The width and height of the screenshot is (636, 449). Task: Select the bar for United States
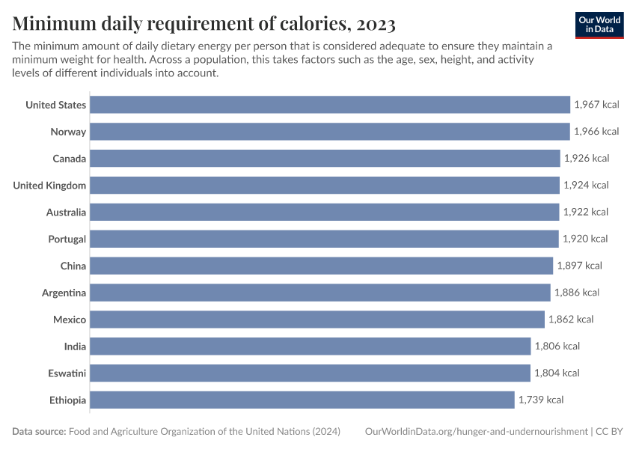tap(329, 105)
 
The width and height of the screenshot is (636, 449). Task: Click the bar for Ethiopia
tap(302, 400)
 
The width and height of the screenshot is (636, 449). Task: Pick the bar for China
tap(321, 266)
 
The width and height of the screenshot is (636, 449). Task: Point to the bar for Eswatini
tap(310, 373)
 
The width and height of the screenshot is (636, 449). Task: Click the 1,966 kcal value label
tap(596, 132)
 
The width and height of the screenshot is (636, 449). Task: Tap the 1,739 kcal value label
tap(540, 400)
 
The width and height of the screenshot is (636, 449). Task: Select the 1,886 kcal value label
tap(576, 293)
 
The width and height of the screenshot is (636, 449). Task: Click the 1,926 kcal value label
tap(586, 159)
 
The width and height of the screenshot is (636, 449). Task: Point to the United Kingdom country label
tap(49, 185)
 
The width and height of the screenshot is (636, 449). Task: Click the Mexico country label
tap(70, 320)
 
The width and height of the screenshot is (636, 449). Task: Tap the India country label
tap(75, 346)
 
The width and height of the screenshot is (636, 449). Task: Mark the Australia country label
tap(66, 212)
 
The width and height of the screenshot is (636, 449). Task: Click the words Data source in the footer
tap(39, 432)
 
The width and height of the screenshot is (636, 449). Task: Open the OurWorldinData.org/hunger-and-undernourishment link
tap(476, 432)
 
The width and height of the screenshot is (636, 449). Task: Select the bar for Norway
tap(329, 132)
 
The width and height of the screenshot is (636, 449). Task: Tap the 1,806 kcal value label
tap(557, 346)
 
